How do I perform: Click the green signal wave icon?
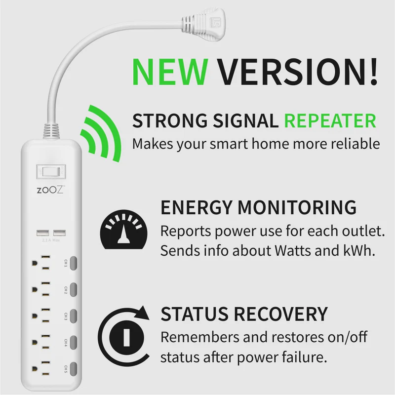tap(101, 132)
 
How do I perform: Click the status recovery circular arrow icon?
tap(123, 333)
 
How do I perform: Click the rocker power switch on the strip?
tap(51, 172)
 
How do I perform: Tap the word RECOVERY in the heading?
tap(280, 314)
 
